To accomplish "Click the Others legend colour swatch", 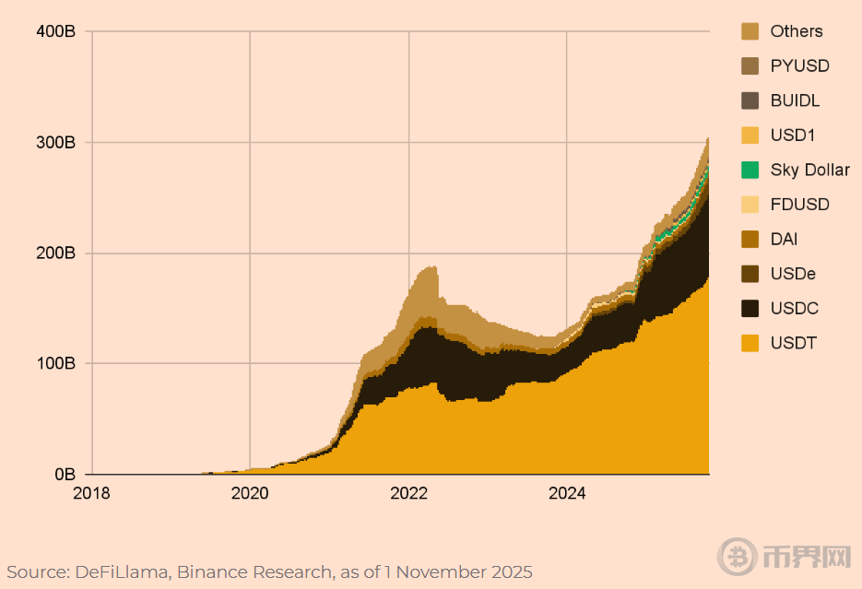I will tap(750, 31).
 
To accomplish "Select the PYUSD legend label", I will tap(799, 66).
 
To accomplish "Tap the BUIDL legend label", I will tap(795, 100).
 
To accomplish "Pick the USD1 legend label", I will tap(793, 135).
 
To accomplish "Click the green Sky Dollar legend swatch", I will tap(750, 170).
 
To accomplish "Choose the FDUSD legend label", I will tap(799, 205).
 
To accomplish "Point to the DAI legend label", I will tap(784, 239).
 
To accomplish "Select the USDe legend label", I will tap(793, 274).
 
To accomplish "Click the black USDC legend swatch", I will tap(750, 309).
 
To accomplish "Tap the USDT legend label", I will tap(793, 344).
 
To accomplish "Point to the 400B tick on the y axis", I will tap(57, 32).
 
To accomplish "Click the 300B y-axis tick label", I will tap(57, 143).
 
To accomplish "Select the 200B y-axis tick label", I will tap(57, 253).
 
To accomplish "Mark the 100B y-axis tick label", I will tap(57, 364).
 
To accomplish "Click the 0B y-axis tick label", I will tap(65, 475).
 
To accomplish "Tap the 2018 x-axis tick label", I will tap(91, 493).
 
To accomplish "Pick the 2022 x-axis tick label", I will tap(408, 493).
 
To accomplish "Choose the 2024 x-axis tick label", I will tap(567, 493).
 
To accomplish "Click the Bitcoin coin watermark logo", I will tap(736, 555).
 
